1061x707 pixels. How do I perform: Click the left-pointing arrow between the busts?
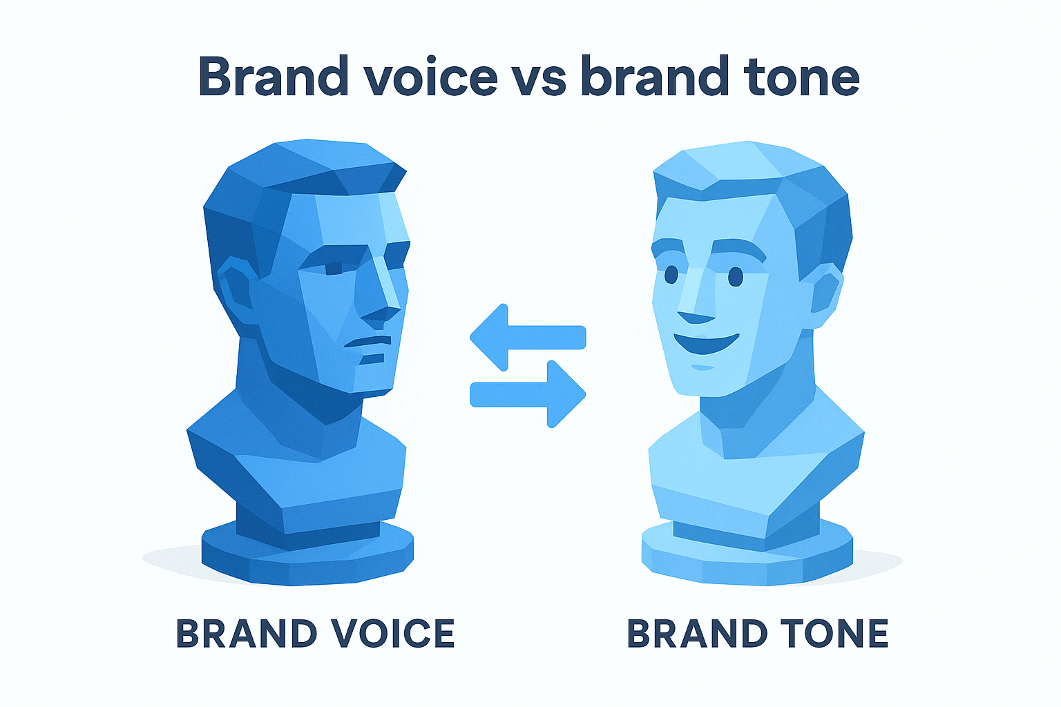coord(528,337)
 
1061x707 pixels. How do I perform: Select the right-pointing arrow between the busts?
coord(528,394)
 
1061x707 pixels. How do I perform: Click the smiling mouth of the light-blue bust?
coord(706,343)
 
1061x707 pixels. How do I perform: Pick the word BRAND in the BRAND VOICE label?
coord(247,633)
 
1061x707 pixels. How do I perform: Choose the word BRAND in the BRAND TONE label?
coord(697,633)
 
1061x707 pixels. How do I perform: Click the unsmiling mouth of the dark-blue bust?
coord(368,342)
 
